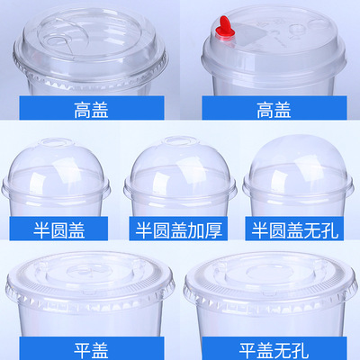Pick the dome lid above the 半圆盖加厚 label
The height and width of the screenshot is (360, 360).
[181, 171]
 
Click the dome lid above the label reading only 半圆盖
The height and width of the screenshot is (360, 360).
[58, 171]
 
